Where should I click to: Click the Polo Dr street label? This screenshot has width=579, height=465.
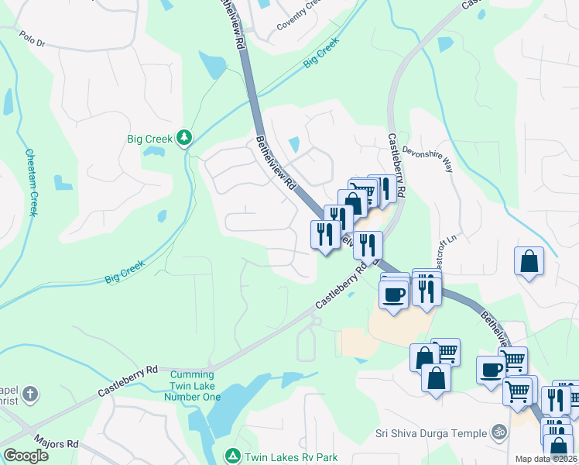click(x=33, y=38)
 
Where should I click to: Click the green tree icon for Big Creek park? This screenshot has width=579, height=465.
click(x=183, y=139)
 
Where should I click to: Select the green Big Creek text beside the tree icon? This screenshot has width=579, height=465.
click(x=150, y=139)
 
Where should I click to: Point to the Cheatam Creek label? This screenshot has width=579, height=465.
click(x=32, y=183)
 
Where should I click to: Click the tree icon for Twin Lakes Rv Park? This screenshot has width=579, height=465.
click(x=232, y=456)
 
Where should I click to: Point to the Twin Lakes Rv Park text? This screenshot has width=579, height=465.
click(x=292, y=456)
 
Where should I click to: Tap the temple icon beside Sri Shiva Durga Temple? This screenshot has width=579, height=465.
click(x=499, y=432)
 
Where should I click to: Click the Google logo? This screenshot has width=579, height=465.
click(x=26, y=456)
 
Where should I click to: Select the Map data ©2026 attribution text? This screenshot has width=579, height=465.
click(x=546, y=459)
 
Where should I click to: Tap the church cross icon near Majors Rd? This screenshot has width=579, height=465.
click(x=29, y=394)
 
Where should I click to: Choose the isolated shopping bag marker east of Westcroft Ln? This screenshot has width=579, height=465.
click(x=529, y=260)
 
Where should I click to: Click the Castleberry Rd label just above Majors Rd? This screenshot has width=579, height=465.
click(x=128, y=381)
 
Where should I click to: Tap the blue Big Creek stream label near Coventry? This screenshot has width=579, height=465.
click(x=321, y=52)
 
